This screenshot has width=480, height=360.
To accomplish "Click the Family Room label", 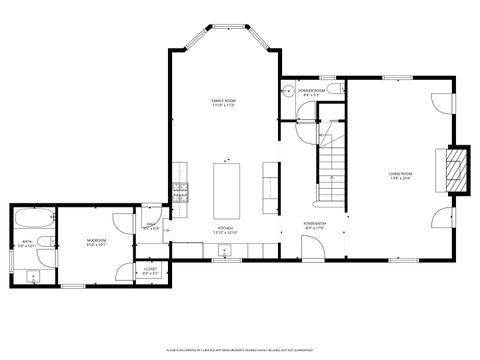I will pyautogui.click(x=223, y=103).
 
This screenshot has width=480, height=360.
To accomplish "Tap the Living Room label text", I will pyautogui.click(x=400, y=176).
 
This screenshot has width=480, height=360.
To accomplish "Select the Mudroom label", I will pyautogui.click(x=96, y=242).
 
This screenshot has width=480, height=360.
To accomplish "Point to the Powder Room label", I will pyautogui.click(x=311, y=92).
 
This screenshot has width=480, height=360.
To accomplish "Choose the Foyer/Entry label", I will pyautogui.click(x=315, y=225).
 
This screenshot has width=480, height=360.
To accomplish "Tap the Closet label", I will pyautogui.click(x=150, y=270).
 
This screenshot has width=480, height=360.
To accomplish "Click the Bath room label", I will pyautogui.click(x=27, y=243).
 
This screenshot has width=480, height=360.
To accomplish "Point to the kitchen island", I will pyautogui.click(x=226, y=186).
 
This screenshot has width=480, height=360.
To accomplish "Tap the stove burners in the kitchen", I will pyautogui.click(x=181, y=191).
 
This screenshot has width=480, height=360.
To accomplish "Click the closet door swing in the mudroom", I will pyautogui.click(x=125, y=270).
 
